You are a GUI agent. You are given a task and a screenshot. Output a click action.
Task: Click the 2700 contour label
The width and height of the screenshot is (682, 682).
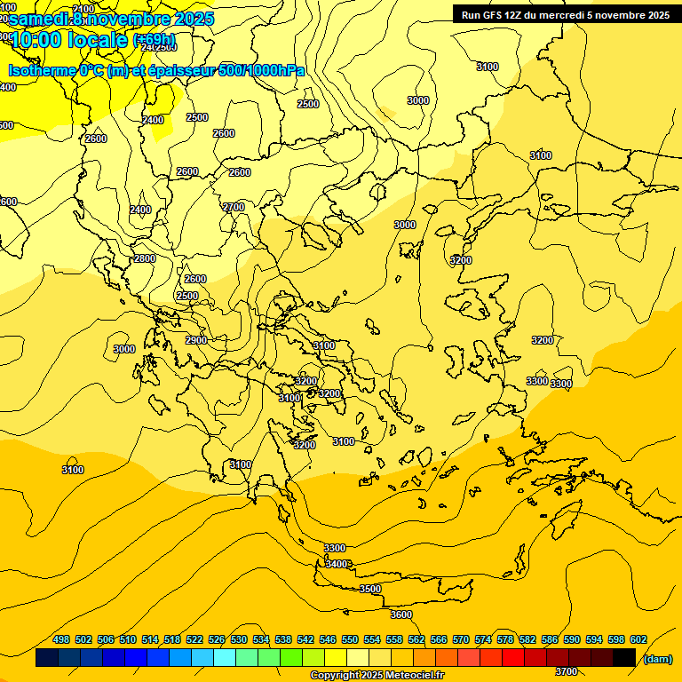[234, 207]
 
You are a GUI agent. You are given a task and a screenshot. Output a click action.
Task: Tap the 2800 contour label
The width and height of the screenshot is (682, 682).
[145, 258]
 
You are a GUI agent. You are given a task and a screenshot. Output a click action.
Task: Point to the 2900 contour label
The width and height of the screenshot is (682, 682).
[196, 340]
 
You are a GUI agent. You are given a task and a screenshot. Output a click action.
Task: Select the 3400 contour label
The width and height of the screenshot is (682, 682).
[337, 564]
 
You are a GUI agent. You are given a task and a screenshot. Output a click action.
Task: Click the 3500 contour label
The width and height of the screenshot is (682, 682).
[370, 589]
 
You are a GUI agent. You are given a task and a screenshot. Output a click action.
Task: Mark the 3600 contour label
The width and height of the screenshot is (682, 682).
[401, 615]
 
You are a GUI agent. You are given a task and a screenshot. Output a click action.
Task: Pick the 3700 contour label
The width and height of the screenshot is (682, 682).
[566, 672]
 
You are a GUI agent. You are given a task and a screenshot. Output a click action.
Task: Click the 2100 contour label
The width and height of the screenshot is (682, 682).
[83, 9]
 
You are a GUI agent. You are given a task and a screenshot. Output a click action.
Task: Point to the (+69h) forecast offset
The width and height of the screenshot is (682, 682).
[155, 40]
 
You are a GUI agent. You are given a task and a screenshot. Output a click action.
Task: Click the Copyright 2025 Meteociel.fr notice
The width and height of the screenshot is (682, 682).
[377, 676]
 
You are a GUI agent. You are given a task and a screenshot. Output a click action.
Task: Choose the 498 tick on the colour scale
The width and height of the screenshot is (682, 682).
[61, 639]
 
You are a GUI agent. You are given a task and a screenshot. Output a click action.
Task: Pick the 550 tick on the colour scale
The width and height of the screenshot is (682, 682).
[350, 639]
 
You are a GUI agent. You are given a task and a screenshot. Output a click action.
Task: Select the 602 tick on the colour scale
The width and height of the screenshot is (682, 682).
[638, 639]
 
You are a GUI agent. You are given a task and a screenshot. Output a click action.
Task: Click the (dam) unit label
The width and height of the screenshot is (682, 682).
[657, 658]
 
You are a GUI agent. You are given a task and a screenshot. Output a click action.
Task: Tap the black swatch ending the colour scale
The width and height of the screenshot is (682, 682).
[624, 658]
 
